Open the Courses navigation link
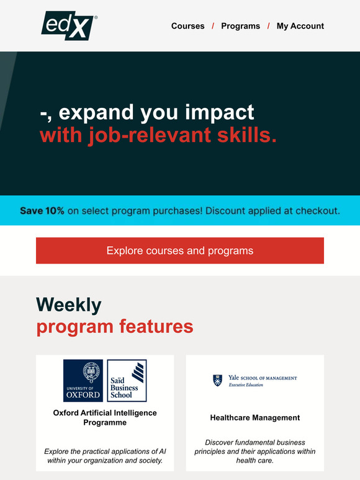[187, 26]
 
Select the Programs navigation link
[240, 26]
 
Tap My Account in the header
[300, 26]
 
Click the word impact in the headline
[222, 112]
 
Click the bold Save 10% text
[42, 211]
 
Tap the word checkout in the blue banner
[316, 211]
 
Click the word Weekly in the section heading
[68, 304]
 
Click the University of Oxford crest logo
[83, 380]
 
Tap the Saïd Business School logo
[127, 380]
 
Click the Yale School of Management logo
[254, 380]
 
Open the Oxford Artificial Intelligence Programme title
[105, 417]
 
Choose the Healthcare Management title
[254, 418]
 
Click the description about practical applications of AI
[105, 456]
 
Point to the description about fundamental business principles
[254, 451]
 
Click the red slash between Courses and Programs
[213, 26]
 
